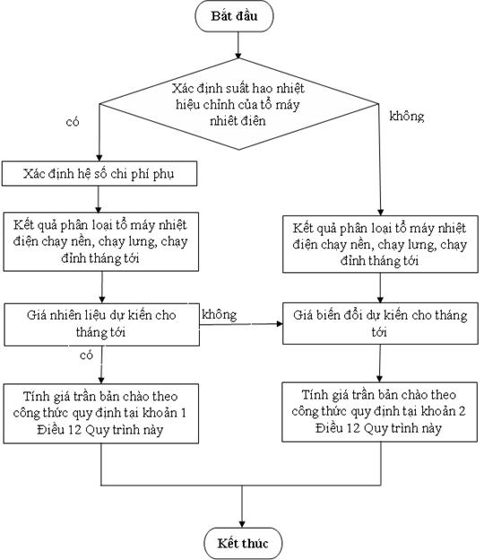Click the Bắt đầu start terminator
click(x=234, y=16)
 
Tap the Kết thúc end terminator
click(x=243, y=543)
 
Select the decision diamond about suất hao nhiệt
click(x=238, y=104)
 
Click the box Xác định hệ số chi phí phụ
click(x=99, y=173)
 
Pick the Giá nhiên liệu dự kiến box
click(x=101, y=325)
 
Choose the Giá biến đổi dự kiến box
click(x=380, y=324)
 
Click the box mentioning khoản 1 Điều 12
click(x=101, y=414)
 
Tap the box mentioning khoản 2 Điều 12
click(x=379, y=412)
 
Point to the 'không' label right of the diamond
click(x=407, y=116)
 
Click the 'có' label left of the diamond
click(x=73, y=122)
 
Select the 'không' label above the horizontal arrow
click(x=219, y=315)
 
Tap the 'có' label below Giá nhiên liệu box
click(x=86, y=355)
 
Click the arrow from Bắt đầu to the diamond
click(x=238, y=46)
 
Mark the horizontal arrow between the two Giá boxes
click(x=241, y=324)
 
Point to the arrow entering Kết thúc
click(x=242, y=506)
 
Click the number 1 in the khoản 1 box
click(x=183, y=413)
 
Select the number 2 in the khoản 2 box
click(x=462, y=411)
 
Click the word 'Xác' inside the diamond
click(x=182, y=88)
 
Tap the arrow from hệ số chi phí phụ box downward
click(x=99, y=199)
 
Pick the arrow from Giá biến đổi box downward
click(x=379, y=363)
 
